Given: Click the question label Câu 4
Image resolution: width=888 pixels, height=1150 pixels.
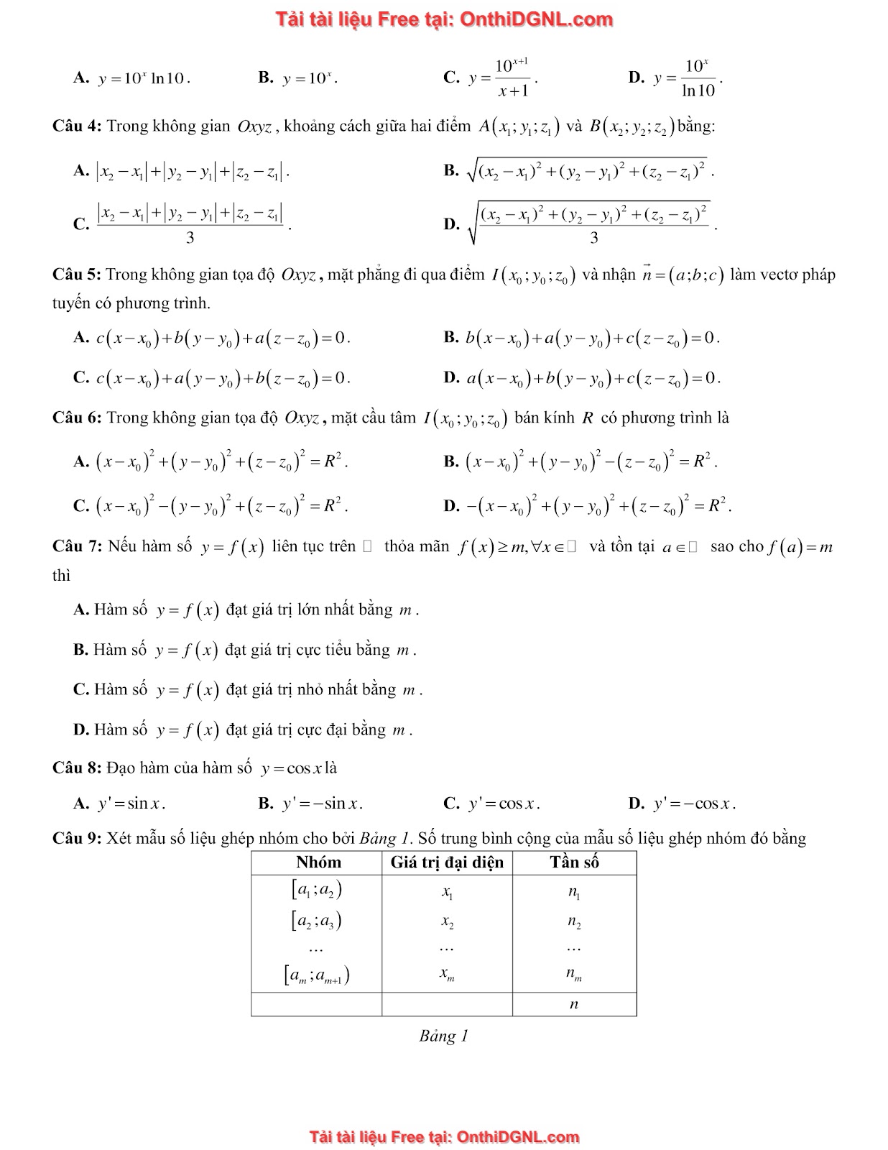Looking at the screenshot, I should click(77, 126).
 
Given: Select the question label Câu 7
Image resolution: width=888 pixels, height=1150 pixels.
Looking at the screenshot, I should click(77, 546).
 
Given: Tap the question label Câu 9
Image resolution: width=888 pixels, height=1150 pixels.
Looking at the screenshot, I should click(77, 838).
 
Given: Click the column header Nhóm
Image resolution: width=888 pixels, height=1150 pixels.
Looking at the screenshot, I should click(318, 862).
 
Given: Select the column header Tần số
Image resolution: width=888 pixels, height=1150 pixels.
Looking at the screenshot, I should click(574, 862).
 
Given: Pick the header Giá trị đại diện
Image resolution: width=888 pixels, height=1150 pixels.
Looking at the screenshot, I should click(447, 862).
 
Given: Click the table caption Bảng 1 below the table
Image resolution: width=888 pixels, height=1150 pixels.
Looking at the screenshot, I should click(443, 1036).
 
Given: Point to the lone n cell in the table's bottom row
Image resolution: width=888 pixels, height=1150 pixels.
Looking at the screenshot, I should click(573, 1004).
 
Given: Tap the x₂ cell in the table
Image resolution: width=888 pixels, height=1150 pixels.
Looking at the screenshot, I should click(447, 921).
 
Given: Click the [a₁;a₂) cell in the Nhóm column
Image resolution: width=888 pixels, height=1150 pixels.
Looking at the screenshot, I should click(317, 891).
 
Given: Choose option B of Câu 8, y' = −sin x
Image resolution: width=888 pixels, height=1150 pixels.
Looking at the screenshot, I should click(321, 804).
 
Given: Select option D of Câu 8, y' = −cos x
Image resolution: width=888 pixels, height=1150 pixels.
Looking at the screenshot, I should click(693, 804).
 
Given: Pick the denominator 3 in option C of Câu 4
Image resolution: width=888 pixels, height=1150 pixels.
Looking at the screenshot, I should click(190, 238).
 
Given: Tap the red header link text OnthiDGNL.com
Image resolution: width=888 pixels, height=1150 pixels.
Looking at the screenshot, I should click(536, 19).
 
